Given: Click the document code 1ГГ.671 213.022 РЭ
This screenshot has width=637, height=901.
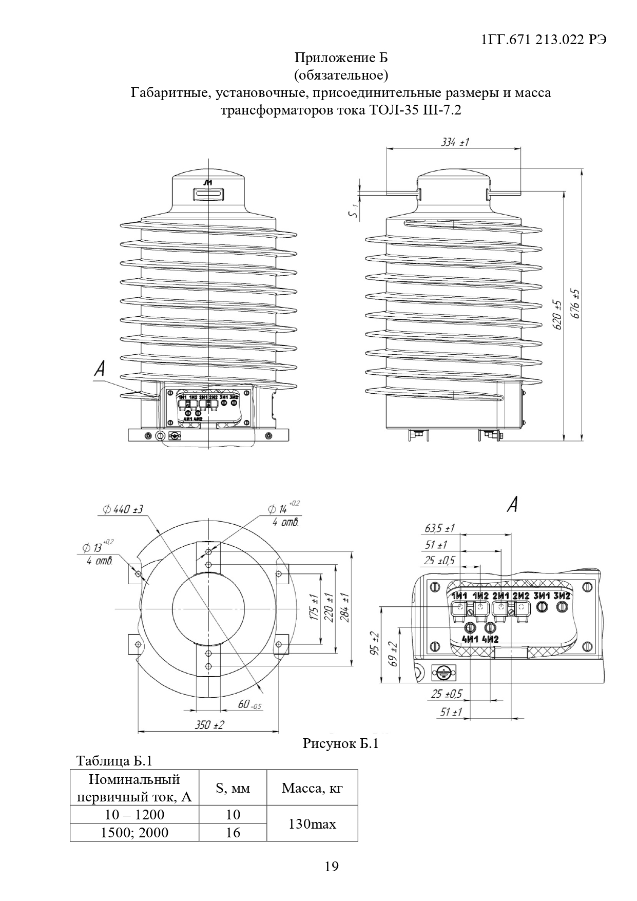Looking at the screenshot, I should pos(545,41).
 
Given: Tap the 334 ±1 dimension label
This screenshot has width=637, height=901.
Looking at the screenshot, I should pos(455,142).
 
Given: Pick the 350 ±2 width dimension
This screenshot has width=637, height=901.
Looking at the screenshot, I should pos(209,725).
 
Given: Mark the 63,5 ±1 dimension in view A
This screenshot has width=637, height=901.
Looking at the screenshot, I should pos(439,528).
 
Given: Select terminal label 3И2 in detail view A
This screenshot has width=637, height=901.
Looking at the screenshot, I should pos(563,596).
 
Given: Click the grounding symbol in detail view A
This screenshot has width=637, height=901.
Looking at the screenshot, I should pos(441,672).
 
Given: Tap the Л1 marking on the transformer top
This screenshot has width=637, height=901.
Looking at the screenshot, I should pos(208,183).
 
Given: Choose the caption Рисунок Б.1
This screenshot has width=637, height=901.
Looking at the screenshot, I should pos(340,743).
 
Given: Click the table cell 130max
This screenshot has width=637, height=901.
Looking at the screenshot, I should pos(312,824).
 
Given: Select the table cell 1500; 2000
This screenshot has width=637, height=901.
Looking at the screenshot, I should pos(134,833).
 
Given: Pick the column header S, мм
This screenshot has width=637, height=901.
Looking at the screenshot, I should pos(233,788).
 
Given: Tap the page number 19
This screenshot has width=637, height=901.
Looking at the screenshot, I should pos(332,867).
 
